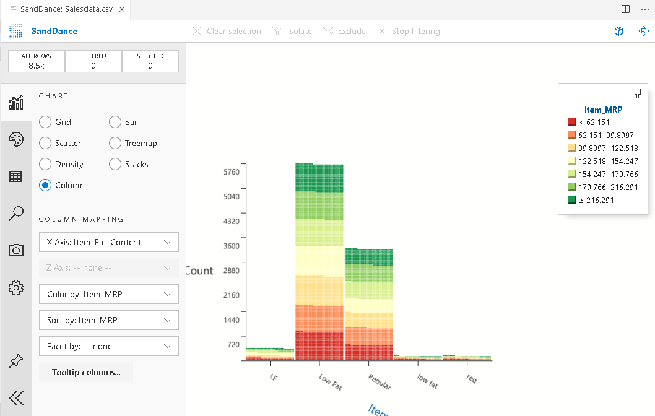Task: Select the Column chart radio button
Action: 45,185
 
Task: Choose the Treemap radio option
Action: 115,143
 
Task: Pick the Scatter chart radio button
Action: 45,143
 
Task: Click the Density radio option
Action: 45,164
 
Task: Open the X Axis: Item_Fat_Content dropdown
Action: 108,242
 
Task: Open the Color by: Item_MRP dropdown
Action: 108,294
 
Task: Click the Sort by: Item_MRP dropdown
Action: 108,320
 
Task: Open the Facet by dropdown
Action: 108,346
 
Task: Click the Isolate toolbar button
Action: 292,31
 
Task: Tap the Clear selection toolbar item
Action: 227,31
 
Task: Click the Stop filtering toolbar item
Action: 409,31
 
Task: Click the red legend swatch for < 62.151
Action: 571,123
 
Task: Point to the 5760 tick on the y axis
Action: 231,172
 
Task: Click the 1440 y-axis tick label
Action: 231,319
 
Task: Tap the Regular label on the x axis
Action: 379,381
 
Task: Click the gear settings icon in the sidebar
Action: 16,287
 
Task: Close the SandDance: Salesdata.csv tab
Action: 121,9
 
